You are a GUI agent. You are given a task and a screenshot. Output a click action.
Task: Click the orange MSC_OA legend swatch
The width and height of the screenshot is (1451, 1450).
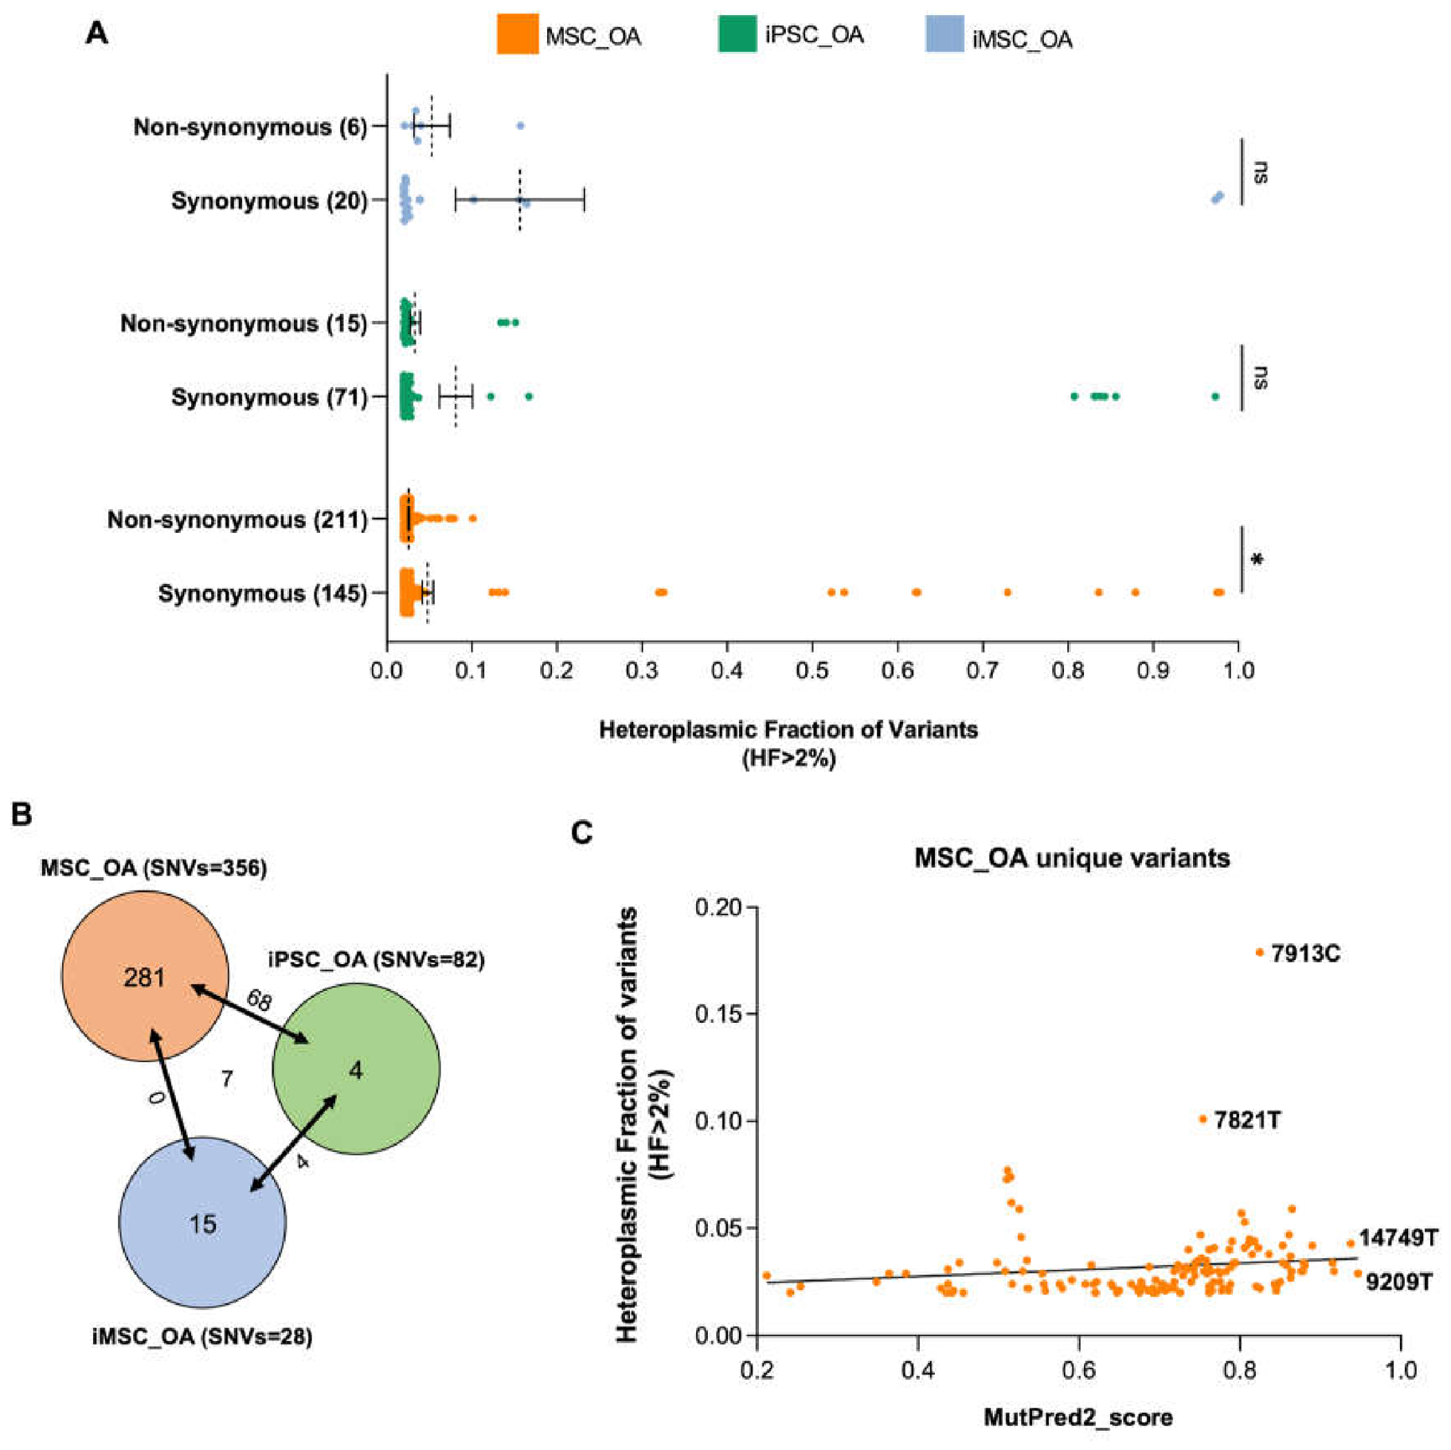point(517,34)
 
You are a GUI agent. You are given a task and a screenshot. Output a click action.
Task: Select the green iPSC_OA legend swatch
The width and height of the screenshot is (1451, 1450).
point(737,34)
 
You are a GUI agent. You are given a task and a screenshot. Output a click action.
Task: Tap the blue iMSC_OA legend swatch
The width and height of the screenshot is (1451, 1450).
point(944,34)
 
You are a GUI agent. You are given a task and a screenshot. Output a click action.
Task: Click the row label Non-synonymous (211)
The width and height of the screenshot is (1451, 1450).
point(238,520)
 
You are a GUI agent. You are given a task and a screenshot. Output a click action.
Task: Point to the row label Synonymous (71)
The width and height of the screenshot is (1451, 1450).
point(270,397)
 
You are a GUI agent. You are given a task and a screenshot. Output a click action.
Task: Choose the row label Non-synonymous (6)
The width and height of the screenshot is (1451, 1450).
point(250,127)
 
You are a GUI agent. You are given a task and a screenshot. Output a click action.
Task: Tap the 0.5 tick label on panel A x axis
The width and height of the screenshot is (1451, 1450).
point(812,670)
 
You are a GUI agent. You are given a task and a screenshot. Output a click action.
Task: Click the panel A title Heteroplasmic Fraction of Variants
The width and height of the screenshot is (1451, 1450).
point(788,730)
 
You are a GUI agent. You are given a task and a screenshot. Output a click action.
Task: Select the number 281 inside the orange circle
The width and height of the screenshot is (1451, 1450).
point(144,977)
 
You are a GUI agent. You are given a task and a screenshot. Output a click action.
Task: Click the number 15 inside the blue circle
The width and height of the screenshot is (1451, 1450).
point(203,1224)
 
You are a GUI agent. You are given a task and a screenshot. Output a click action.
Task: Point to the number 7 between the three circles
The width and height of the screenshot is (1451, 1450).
point(227,1078)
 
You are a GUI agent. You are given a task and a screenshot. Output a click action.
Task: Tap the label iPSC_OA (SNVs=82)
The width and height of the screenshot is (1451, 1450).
point(376,959)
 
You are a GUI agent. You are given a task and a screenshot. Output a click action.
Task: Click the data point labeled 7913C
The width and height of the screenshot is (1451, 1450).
point(1259,952)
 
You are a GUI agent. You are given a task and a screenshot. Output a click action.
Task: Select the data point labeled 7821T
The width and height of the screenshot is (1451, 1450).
point(1203,1119)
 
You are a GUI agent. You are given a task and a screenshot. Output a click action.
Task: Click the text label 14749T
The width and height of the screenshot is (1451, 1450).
point(1398,1237)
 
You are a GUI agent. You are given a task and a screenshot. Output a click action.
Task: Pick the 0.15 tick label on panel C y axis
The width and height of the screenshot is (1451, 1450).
point(718,1014)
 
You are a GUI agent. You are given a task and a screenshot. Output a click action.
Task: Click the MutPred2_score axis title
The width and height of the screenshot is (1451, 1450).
point(1077,1417)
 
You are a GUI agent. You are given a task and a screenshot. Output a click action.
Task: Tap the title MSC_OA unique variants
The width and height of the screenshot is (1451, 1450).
point(1071,858)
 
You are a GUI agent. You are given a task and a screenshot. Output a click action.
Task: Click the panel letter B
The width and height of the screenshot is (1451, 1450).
point(21,814)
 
